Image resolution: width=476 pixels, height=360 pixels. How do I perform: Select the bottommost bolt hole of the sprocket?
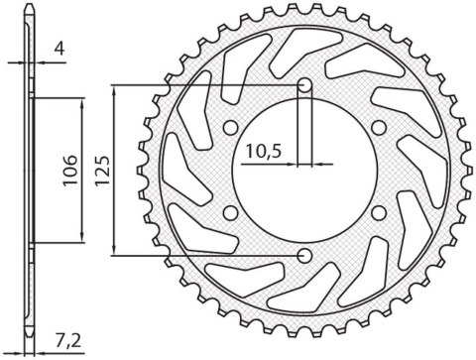click(x=303, y=256)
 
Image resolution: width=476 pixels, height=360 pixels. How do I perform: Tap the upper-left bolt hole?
click(x=230, y=128)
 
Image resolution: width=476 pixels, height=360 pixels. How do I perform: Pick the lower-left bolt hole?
click(x=230, y=212)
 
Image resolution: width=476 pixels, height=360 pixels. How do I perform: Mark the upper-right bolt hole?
click(x=378, y=128)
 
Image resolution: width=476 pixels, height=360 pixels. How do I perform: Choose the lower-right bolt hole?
click(x=378, y=212)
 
